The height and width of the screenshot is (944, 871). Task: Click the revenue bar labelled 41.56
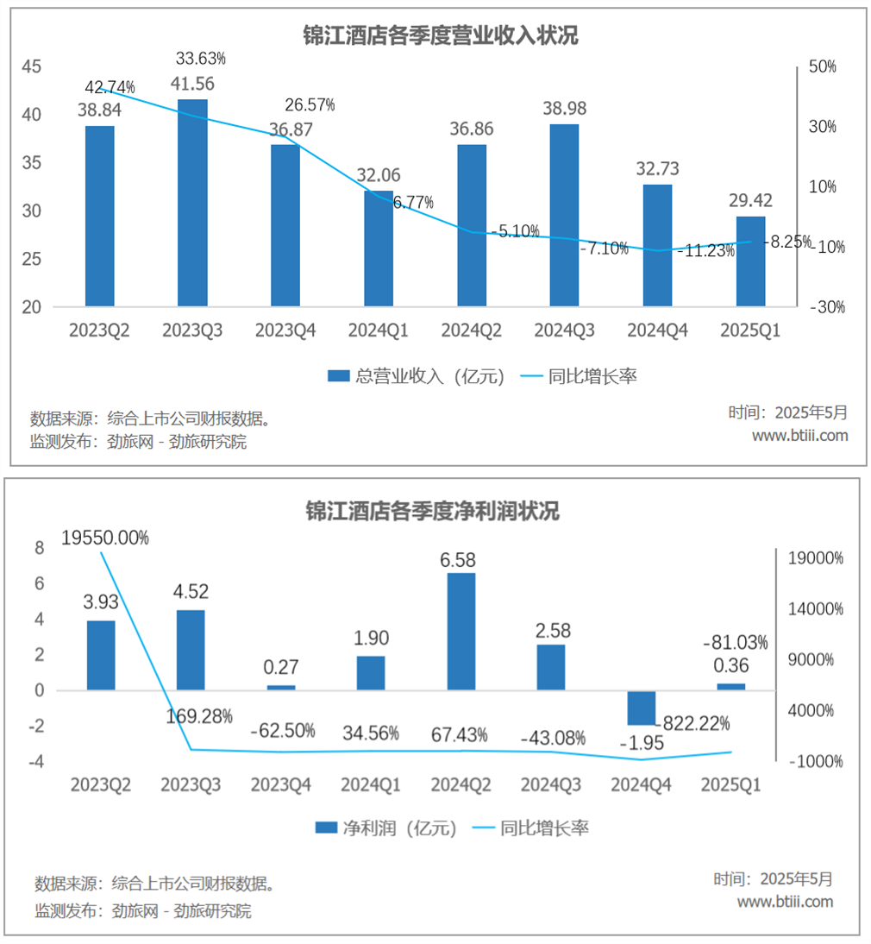192,203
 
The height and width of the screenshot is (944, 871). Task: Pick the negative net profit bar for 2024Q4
641,708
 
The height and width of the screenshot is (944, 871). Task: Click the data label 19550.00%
105,538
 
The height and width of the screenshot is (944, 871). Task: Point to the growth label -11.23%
705,252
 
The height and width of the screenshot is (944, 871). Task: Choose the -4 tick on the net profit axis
35,762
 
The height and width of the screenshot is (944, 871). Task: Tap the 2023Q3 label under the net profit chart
191,784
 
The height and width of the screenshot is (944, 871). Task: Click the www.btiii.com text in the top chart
799,436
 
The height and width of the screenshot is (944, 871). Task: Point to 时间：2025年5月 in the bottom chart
774,879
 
